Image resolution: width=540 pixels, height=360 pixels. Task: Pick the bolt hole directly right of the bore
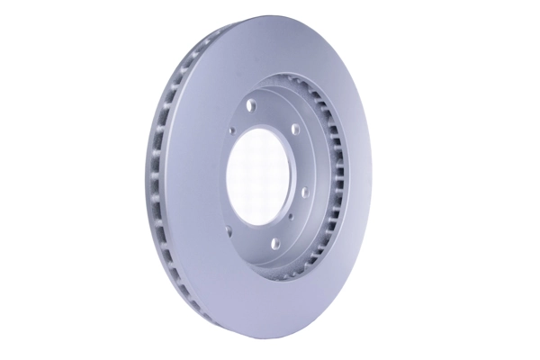tap(306, 191)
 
